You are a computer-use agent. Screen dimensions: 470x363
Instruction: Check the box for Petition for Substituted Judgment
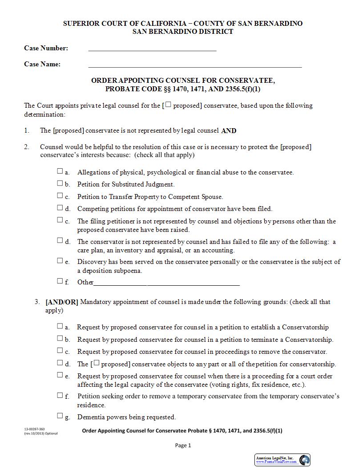(60, 183)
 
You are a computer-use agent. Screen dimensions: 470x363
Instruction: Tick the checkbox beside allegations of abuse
(60, 171)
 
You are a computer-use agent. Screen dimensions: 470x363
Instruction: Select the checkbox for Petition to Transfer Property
(60, 195)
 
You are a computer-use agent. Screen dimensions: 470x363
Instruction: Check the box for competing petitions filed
(60, 207)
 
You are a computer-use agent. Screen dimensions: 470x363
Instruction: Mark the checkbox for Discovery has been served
(60, 261)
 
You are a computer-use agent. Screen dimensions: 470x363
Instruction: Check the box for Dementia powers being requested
(60, 416)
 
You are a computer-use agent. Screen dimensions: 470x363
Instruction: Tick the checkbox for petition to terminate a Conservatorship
(60, 338)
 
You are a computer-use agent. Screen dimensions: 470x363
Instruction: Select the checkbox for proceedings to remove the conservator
(60, 351)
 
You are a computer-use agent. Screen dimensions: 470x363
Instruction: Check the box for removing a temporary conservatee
(60, 395)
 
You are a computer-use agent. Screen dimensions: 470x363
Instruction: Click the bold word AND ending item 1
(229, 131)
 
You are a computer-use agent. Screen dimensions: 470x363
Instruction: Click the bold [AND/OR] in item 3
(62, 302)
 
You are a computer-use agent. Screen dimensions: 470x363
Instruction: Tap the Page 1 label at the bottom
(183, 445)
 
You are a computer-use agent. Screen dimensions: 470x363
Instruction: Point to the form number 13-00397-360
(34, 429)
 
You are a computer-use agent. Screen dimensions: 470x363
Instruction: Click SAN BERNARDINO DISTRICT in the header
(183, 32)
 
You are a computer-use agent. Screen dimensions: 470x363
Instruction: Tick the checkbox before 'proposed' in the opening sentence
(169, 105)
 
